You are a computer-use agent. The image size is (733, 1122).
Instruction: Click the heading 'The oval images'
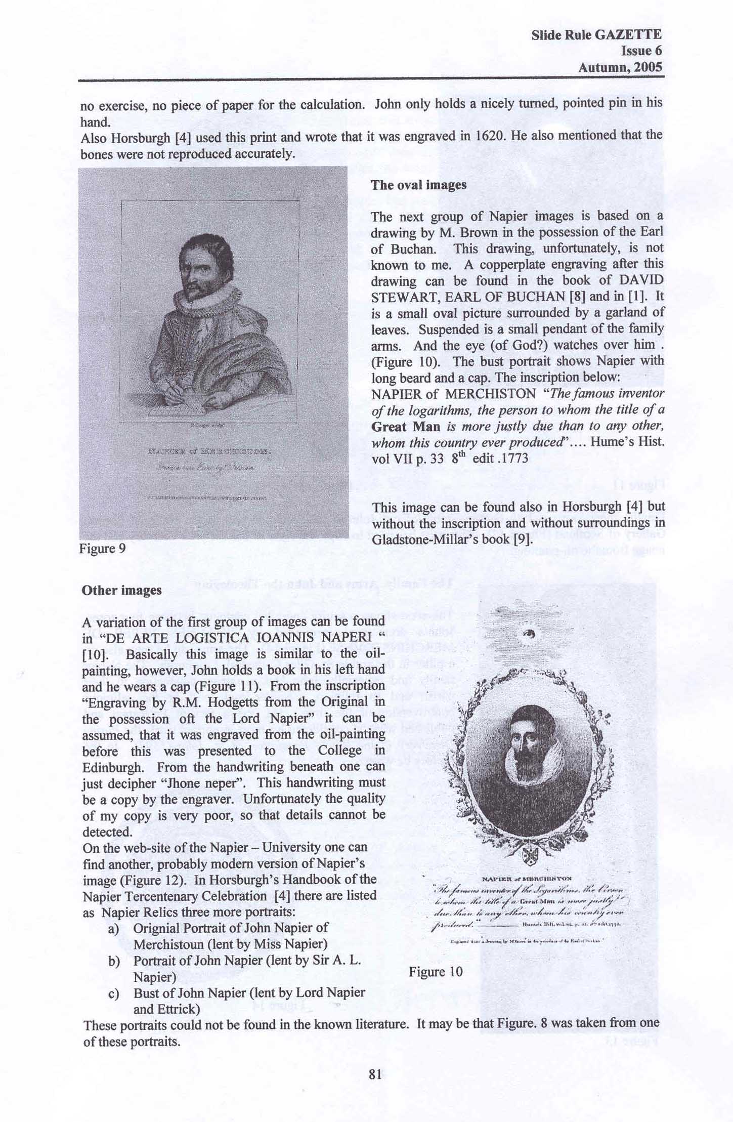[x=418, y=185]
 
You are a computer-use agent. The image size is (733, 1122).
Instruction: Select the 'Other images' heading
[x=121, y=591]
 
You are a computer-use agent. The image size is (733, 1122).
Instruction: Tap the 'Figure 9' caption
[x=102, y=549]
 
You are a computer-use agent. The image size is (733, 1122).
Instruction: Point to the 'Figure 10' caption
[x=436, y=972]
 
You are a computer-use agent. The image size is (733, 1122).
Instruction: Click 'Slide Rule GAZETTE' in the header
[x=596, y=34]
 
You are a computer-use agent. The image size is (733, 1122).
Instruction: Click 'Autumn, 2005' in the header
[x=620, y=67]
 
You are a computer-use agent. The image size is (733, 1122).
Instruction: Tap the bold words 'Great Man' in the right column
[x=406, y=427]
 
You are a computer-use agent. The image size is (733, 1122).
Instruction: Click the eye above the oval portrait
[x=530, y=634]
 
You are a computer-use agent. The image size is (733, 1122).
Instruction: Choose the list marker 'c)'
[x=114, y=993]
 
